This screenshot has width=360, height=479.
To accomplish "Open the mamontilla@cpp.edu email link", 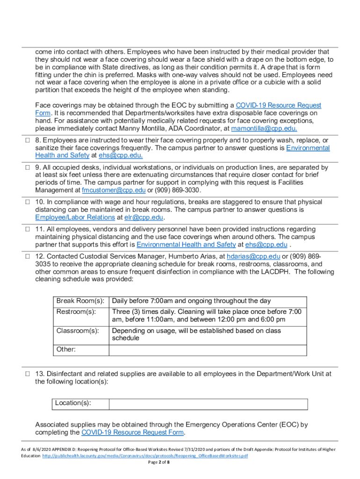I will click(258, 129).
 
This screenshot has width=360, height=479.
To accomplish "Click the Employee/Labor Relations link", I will click(75, 218).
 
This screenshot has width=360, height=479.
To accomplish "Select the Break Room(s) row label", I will click(80, 301).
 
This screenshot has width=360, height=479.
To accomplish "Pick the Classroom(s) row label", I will click(78, 331).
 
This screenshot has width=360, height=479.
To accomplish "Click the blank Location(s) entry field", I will click(208, 404).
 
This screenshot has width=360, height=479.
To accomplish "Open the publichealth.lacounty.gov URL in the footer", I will click(145, 456).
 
